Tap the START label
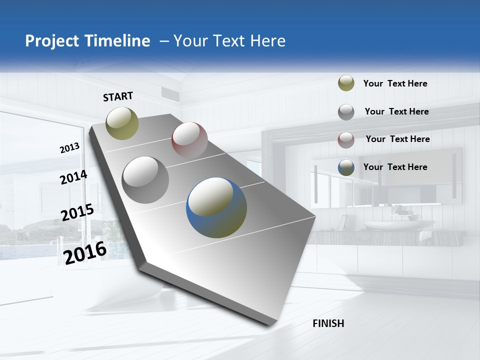(x=118, y=96)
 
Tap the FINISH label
(x=328, y=323)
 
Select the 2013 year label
(x=70, y=148)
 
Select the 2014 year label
(x=73, y=177)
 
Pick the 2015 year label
(x=77, y=212)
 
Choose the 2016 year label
(x=85, y=252)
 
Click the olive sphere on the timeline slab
(x=122, y=123)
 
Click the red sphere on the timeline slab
(x=189, y=140)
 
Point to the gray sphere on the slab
(x=145, y=179)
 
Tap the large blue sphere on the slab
(x=216, y=207)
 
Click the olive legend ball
(x=346, y=83)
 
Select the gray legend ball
(x=346, y=111)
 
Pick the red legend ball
(x=346, y=139)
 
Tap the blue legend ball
(x=346, y=167)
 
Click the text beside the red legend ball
(x=397, y=139)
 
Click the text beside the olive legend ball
(x=395, y=83)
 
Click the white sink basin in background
(x=392, y=225)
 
